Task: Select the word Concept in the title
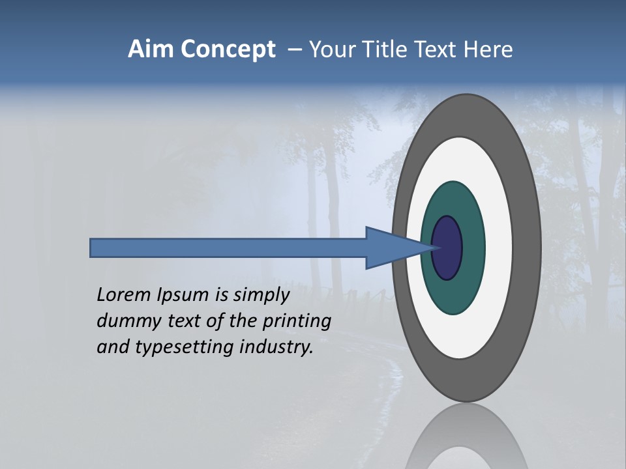228,50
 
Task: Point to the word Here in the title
488,50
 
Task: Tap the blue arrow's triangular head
391,248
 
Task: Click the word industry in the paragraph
276,347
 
